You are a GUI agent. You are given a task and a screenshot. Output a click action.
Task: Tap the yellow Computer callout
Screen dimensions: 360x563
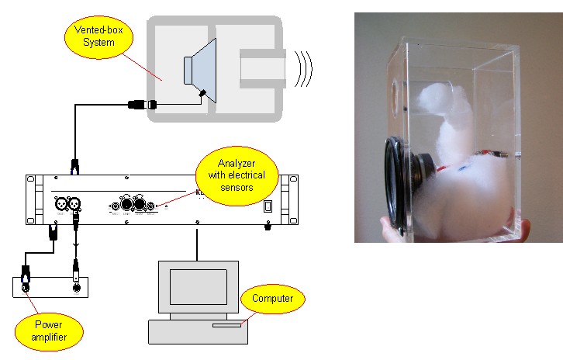tap(274, 299)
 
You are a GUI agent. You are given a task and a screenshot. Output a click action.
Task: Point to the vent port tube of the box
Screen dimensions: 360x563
tap(262, 67)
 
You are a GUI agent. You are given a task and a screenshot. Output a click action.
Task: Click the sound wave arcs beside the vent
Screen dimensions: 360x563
tap(303, 69)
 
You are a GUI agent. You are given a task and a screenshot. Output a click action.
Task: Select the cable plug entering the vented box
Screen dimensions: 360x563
tap(143, 103)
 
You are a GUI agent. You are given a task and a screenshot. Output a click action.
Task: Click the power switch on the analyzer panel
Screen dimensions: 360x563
tap(268, 206)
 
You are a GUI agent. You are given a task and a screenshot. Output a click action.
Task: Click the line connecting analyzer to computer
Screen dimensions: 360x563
tap(198, 244)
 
